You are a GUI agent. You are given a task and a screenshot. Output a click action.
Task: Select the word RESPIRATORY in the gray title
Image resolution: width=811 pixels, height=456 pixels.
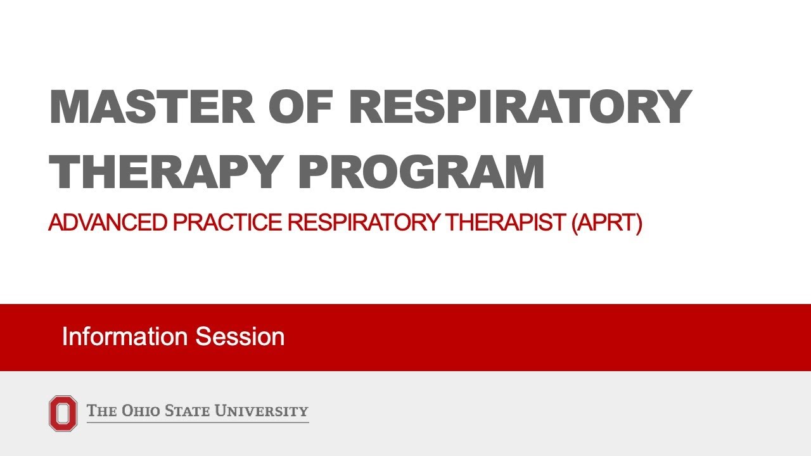pos(520,106)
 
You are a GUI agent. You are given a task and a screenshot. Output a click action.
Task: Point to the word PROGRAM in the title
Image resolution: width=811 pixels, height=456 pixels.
pos(421,172)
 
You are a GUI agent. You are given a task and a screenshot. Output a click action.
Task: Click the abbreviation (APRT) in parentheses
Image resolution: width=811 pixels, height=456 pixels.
pos(606,223)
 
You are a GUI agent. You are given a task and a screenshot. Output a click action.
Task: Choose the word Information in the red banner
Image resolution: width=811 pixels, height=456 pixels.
pos(125,336)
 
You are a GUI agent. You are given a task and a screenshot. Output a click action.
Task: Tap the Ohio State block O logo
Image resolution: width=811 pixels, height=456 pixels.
pos(63,414)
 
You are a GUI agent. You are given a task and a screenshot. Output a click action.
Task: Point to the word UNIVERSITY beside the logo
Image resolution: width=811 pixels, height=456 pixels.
pos(262,411)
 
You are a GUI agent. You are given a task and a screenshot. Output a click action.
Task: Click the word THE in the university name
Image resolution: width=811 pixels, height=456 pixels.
pos(101,411)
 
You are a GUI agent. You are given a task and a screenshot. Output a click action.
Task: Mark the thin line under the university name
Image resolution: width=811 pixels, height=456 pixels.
pos(198,422)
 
